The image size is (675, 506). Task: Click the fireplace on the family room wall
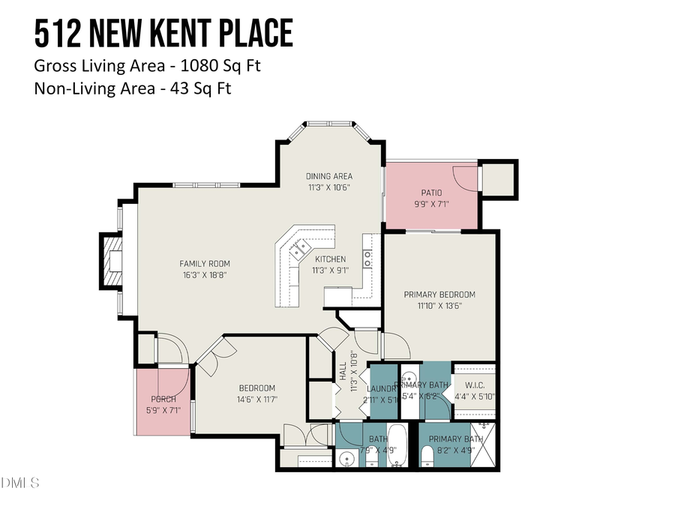click(x=113, y=260)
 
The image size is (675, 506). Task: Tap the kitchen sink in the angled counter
click(x=302, y=247)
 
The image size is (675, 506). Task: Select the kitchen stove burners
click(x=367, y=259)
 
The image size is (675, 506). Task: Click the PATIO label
click(x=432, y=193)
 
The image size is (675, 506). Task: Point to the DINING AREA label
click(x=328, y=176)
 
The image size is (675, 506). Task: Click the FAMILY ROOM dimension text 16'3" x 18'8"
click(x=204, y=275)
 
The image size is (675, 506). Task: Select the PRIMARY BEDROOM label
click(x=439, y=295)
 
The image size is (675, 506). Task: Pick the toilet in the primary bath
click(x=426, y=455)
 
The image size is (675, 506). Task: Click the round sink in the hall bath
click(x=346, y=458)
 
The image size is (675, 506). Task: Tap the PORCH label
click(x=163, y=399)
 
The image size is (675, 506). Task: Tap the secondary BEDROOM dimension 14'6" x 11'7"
click(x=256, y=400)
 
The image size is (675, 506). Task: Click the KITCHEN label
click(x=330, y=259)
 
